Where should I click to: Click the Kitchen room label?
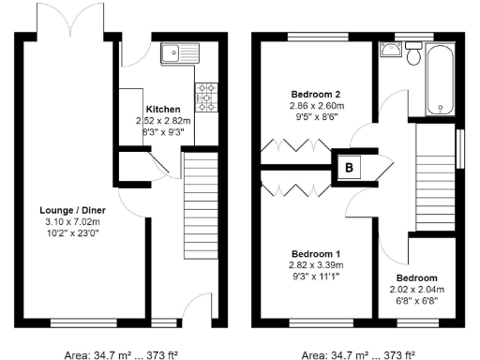[163, 109]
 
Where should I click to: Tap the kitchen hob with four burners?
[205, 94]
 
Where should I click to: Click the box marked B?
[350, 170]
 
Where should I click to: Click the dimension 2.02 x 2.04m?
[414, 291]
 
